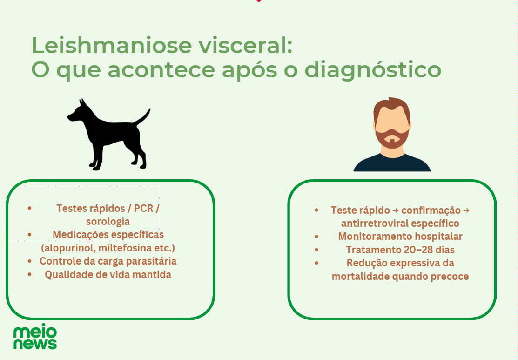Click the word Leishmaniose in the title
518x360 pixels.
(112, 45)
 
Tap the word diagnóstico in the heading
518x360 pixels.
(373, 70)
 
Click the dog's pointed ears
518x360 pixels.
(82, 102)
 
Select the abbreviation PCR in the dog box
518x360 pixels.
(143, 209)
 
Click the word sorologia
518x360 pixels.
(108, 222)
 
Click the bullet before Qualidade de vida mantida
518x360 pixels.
(30, 274)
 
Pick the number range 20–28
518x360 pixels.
(419, 250)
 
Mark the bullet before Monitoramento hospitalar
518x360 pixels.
(316, 237)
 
